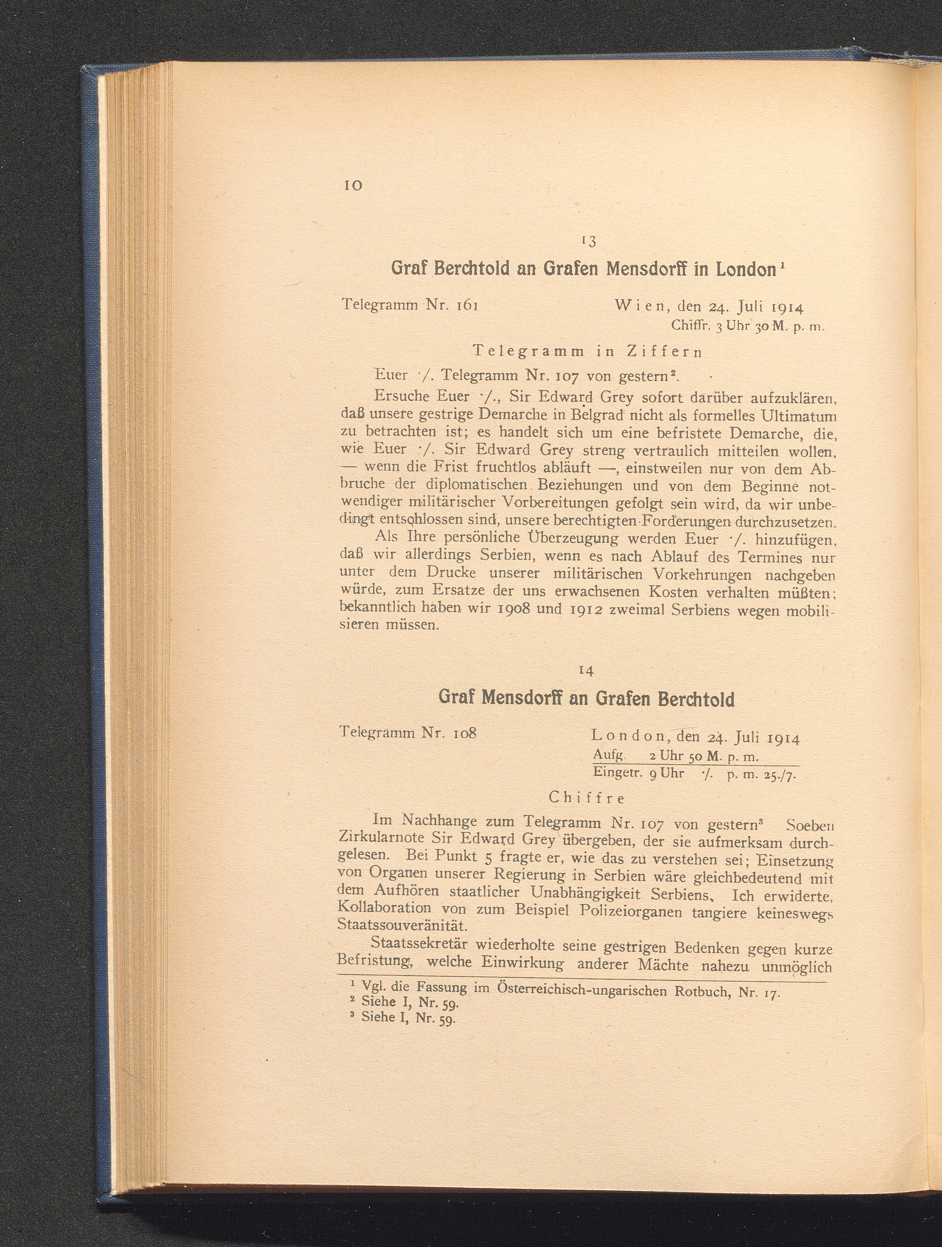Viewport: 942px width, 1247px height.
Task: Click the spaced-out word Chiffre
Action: [x=586, y=798]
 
